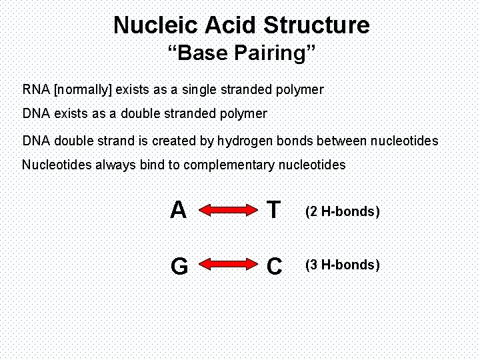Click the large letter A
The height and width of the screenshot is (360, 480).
click(178, 211)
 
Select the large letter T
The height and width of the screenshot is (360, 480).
click(273, 211)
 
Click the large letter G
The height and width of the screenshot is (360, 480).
click(179, 267)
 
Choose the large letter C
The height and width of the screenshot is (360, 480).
click(274, 267)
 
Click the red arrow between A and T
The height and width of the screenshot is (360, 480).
click(225, 211)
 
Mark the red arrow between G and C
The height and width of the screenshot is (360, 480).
click(225, 265)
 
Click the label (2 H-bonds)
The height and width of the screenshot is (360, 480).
click(342, 212)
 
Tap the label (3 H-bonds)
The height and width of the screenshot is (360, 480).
click(342, 265)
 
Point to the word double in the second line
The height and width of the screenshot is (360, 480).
click(137, 114)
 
